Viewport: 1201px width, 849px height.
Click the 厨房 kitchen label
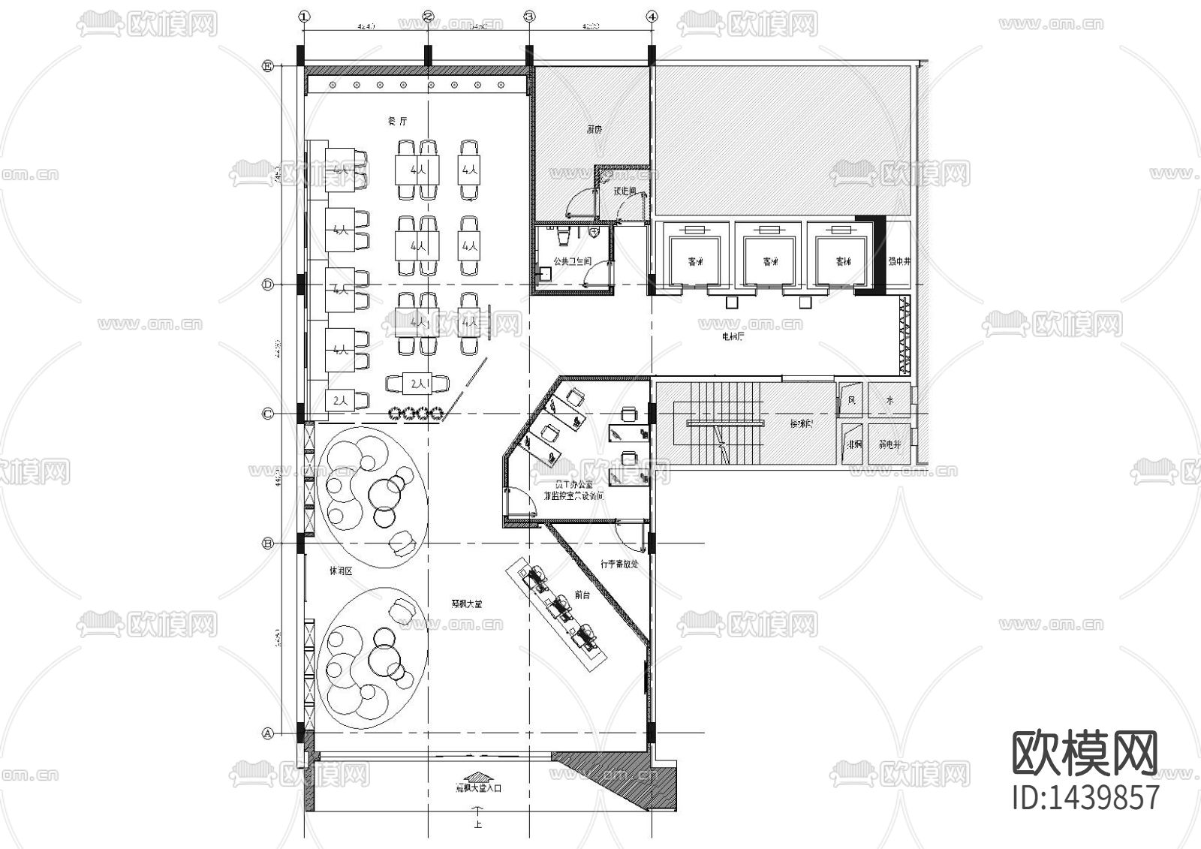[x=594, y=129]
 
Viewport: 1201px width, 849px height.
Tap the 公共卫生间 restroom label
[x=572, y=261]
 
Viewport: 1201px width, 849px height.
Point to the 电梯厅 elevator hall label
[x=733, y=338]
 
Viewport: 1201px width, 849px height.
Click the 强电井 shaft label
[x=898, y=261]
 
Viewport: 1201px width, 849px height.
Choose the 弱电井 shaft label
[x=889, y=444]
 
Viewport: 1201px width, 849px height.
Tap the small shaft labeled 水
[x=889, y=401]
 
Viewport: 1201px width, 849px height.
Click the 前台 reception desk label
[x=582, y=595]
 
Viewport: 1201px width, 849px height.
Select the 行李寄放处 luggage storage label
[x=619, y=563]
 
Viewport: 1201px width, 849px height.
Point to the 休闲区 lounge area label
[x=341, y=571]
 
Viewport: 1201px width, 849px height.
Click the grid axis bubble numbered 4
[x=652, y=15]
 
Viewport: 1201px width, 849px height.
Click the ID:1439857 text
[x=1086, y=797]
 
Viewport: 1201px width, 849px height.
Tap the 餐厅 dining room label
[x=396, y=122]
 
